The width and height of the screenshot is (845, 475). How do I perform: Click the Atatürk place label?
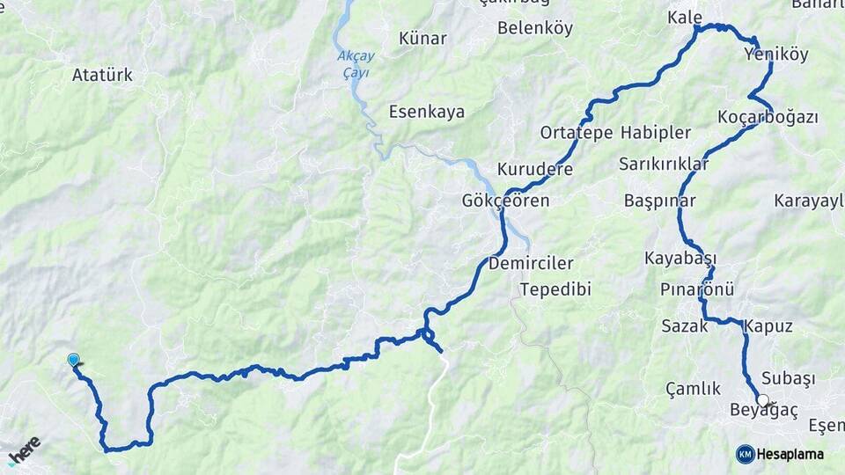pos(103,75)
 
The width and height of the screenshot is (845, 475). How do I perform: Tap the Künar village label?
pos(422,39)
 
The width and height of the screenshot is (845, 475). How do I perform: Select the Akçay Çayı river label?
pos(356,64)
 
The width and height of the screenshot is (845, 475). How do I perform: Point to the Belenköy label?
pos(535,28)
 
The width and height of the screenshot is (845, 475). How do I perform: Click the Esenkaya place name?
pos(427,112)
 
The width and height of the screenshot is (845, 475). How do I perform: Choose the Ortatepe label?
pos(576,133)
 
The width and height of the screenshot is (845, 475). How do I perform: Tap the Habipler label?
pos(655,133)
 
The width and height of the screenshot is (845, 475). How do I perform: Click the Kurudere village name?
pos(535,169)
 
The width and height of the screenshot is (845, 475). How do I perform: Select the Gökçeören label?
pos(505,201)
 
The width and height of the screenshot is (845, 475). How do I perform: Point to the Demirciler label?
pos(531,264)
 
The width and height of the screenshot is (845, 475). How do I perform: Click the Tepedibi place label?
pos(555,289)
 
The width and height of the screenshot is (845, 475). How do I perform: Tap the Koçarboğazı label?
pos(768,117)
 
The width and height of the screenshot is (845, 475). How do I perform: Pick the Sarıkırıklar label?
pos(664,164)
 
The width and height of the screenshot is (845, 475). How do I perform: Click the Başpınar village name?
pos(659,201)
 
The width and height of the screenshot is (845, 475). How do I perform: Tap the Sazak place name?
pos(685,326)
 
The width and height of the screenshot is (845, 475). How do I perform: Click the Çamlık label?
pos(694,388)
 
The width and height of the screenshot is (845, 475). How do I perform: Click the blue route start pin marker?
pos(74,360)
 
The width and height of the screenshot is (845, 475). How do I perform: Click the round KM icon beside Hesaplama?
pos(745,454)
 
